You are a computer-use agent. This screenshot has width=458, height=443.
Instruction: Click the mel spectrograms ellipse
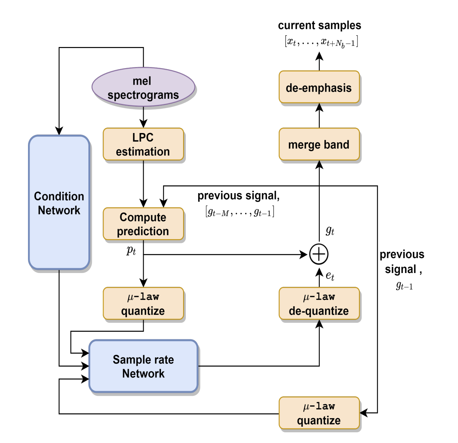coord(143,87)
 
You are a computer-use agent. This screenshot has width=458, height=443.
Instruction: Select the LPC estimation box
coord(143,144)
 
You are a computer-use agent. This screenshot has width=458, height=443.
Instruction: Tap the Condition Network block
coord(59,202)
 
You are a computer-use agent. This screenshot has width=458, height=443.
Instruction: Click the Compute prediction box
coord(143,224)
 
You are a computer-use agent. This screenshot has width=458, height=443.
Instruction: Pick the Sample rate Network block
coord(143,366)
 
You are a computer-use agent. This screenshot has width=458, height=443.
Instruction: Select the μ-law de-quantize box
coord(319,304)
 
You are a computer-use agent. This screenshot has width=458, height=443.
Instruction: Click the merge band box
coord(319,144)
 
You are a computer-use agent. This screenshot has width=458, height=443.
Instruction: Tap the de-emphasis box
coord(319,87)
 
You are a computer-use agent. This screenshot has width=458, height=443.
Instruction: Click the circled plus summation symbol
coord(319,255)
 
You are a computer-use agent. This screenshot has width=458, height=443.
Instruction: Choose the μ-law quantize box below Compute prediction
coord(143,304)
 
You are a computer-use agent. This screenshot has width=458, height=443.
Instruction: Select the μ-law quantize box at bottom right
coord(319,413)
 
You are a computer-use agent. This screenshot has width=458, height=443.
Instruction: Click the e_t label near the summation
coord(330,276)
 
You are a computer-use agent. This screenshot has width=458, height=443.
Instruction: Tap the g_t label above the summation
coord(330,230)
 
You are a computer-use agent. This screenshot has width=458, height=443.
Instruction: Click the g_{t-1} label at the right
coord(404,285)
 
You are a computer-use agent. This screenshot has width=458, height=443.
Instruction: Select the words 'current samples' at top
coord(319,25)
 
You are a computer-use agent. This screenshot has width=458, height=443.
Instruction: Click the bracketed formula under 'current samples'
coord(321,42)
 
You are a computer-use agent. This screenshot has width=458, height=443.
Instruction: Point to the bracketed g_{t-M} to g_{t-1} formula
coord(240,211)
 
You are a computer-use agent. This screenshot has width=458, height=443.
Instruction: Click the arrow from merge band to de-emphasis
coord(319,115)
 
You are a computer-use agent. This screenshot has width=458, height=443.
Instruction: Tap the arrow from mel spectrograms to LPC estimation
coord(143,117)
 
